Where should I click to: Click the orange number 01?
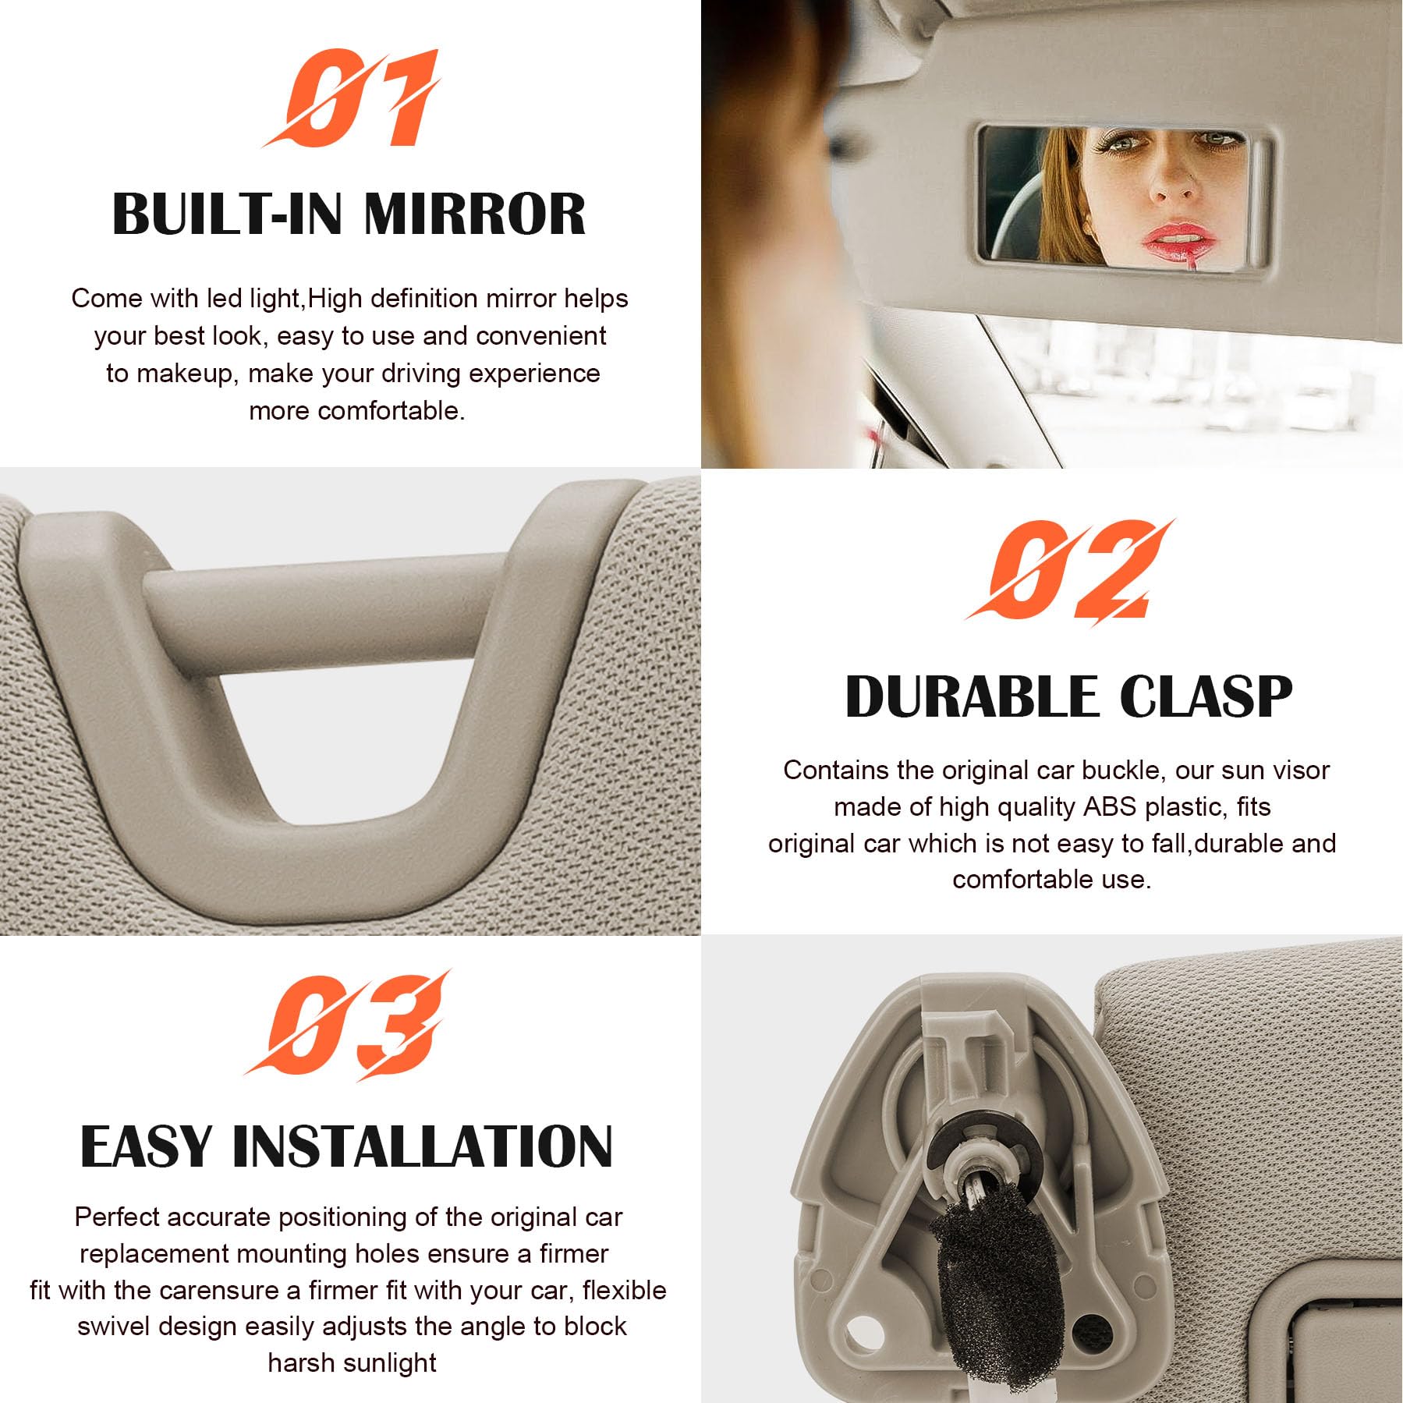(x=351, y=98)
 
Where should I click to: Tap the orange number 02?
(x=1070, y=569)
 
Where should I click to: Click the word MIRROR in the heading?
(x=474, y=214)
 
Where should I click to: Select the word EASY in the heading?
(x=147, y=1146)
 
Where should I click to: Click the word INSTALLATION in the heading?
(x=423, y=1146)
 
